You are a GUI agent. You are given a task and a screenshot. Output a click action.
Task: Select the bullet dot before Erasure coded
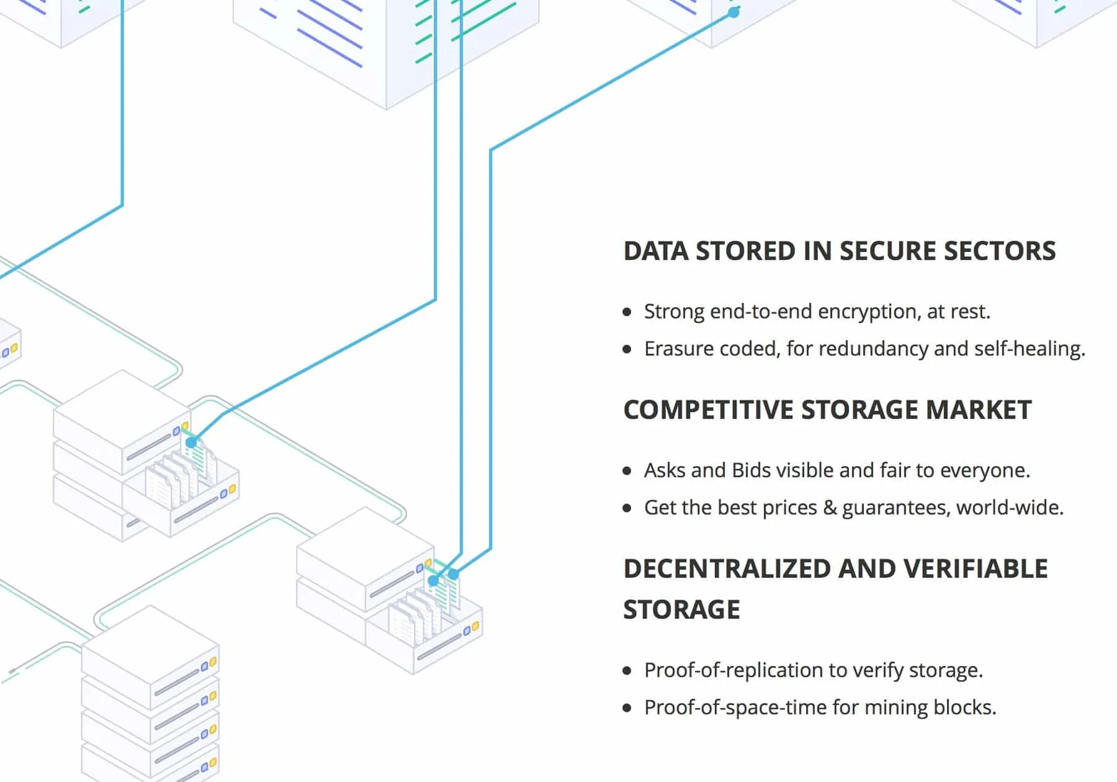(x=627, y=349)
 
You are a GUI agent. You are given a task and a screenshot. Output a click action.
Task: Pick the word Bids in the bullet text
(x=751, y=470)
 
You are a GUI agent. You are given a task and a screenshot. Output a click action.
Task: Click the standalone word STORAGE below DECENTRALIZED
(x=681, y=610)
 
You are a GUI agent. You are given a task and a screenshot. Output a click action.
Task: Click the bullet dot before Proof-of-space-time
(x=627, y=708)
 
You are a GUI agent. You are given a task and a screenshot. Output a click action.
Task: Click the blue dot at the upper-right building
(x=733, y=12)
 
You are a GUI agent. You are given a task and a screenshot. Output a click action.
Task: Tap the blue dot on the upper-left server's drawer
(x=191, y=443)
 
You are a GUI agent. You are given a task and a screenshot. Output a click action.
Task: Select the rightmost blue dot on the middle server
(x=454, y=574)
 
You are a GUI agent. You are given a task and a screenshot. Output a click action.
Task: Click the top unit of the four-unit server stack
(x=149, y=658)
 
